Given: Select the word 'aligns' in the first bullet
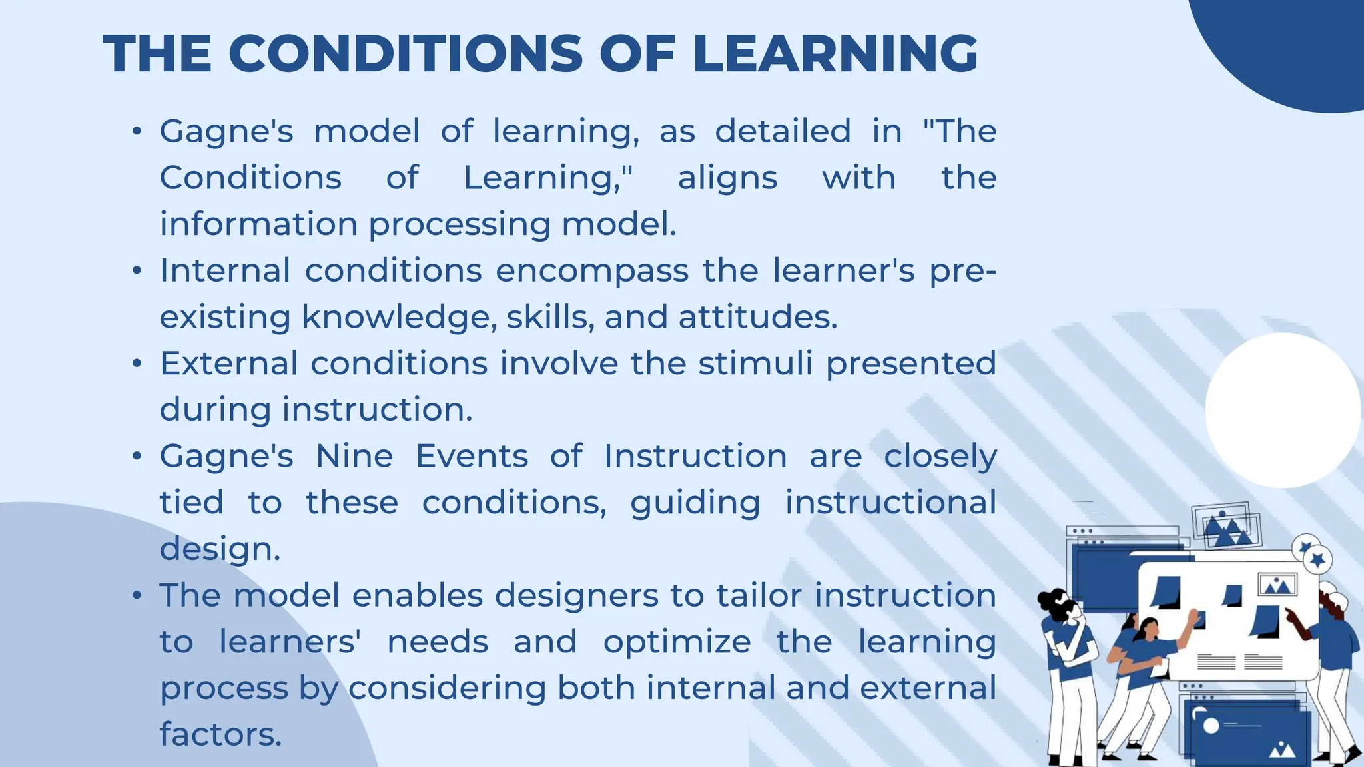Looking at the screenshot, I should coord(727,178).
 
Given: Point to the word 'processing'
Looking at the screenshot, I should coord(460,225).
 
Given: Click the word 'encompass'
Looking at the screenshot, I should coord(592,272).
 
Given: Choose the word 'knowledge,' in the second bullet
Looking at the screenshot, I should coord(399,317).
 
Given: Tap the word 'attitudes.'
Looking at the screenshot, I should coord(758,317).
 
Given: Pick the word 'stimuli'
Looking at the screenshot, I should coord(755,364).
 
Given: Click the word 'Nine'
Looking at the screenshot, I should coord(354,457).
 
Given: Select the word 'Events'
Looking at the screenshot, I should coord(472,457).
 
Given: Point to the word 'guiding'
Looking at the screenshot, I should coord(695,503).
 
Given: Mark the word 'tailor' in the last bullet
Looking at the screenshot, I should coord(759,595).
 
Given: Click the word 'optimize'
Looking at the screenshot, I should coord(677,642).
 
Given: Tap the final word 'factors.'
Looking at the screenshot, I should coord(220,734).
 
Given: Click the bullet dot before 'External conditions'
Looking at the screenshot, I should coord(137,364).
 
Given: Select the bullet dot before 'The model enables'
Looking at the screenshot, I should coord(137,595).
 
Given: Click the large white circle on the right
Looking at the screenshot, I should coord(1283,410).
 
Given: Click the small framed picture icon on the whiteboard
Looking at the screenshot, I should coord(1277,585).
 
